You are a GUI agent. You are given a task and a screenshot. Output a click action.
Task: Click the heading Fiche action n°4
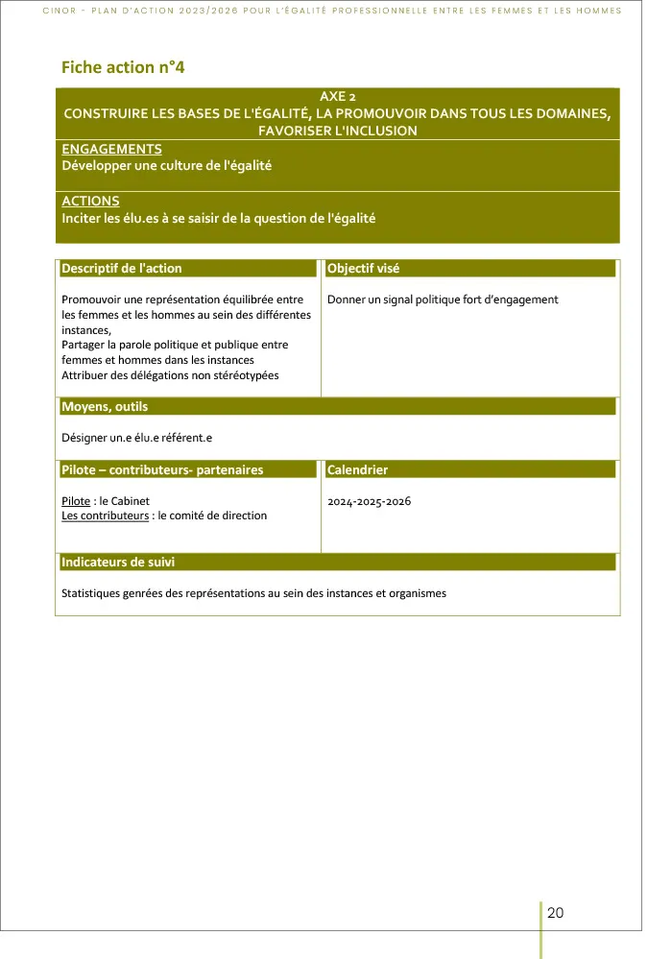coord(122,67)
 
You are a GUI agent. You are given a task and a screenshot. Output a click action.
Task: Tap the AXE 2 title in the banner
coord(337,97)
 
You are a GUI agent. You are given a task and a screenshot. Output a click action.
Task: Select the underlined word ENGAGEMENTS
coord(111,149)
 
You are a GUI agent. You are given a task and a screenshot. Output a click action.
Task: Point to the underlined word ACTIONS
coord(90,202)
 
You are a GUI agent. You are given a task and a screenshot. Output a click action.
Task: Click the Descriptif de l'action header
coord(121,269)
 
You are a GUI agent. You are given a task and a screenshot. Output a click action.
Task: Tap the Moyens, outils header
coord(105,407)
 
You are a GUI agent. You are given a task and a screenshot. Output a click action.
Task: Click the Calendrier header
coord(357,470)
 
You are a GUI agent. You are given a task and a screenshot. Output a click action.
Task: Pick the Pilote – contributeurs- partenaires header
coord(162,470)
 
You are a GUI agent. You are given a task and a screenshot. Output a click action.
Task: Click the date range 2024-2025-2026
coord(369,501)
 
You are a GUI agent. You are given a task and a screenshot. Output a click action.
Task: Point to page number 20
coord(555,913)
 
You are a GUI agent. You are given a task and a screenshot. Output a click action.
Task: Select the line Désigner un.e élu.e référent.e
coord(135,438)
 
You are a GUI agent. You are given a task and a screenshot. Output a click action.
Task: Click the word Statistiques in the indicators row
coord(92,593)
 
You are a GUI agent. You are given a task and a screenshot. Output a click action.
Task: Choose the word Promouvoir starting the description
coord(92,300)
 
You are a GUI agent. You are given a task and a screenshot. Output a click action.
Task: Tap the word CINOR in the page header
coord(60,12)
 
